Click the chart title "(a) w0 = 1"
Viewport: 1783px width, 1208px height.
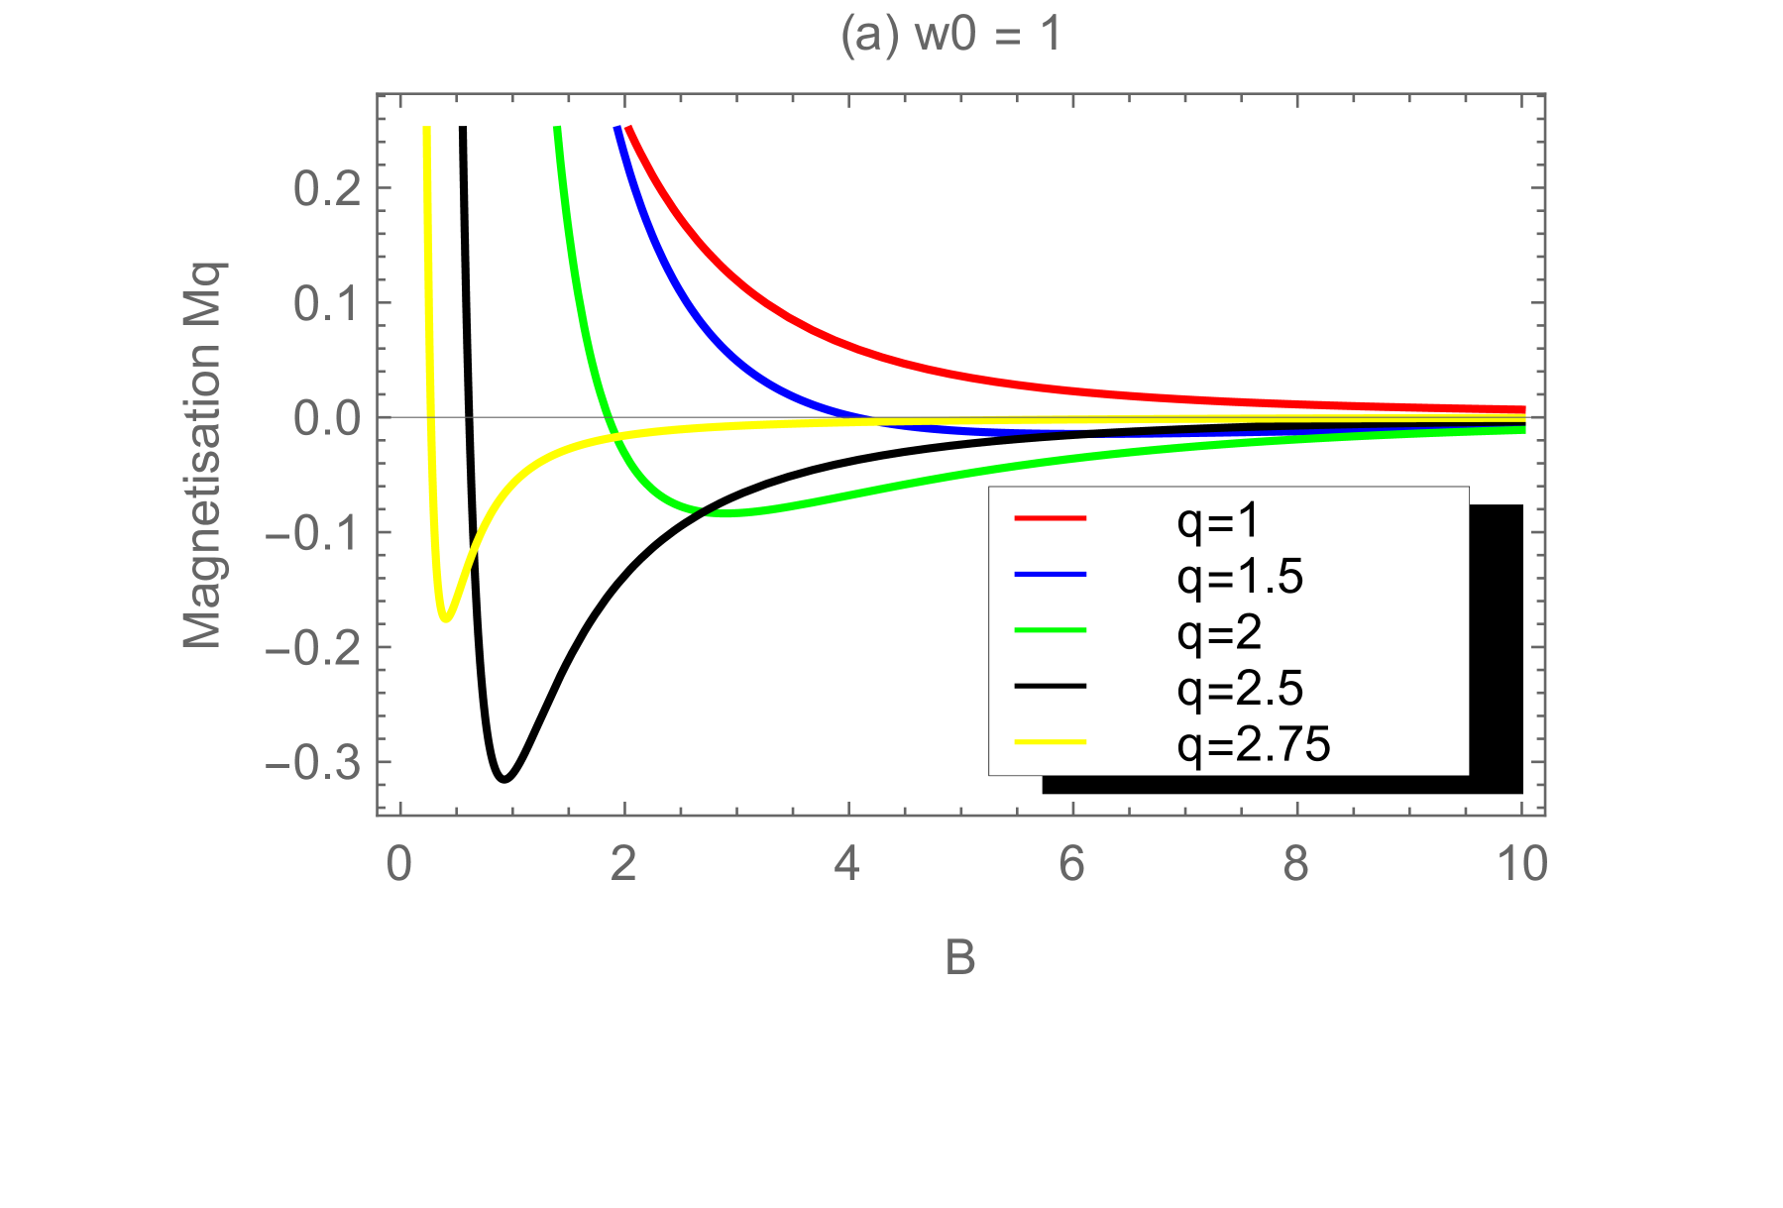pyautogui.click(x=950, y=36)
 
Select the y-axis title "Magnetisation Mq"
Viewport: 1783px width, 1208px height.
pyautogui.click(x=204, y=455)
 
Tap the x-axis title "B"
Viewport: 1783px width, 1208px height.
pyautogui.click(x=960, y=958)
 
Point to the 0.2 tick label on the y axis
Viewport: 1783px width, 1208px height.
pyautogui.click(x=327, y=188)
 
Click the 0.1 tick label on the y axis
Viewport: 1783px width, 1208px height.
pyautogui.click(x=327, y=303)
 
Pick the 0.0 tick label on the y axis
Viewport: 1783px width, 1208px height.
pyautogui.click(x=327, y=418)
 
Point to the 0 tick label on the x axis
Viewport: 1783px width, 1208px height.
pyautogui.click(x=398, y=865)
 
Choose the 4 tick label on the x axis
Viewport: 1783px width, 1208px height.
pyautogui.click(x=847, y=865)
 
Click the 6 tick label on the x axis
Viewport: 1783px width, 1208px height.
pyautogui.click(x=1072, y=865)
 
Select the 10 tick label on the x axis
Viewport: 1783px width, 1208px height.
pyautogui.click(x=1522, y=865)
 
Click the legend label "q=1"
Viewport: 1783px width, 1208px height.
pyautogui.click(x=1218, y=520)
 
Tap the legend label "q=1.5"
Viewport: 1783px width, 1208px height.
pyautogui.click(x=1240, y=576)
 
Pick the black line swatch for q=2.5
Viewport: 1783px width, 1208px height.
pyautogui.click(x=1051, y=687)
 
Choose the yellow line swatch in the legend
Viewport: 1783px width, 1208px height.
pyautogui.click(x=1051, y=742)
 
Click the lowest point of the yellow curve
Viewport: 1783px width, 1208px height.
pyautogui.click(x=446, y=619)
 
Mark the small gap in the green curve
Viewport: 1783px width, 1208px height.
pyautogui.click(x=703, y=512)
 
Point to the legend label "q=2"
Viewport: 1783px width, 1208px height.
pyautogui.click(x=1219, y=631)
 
